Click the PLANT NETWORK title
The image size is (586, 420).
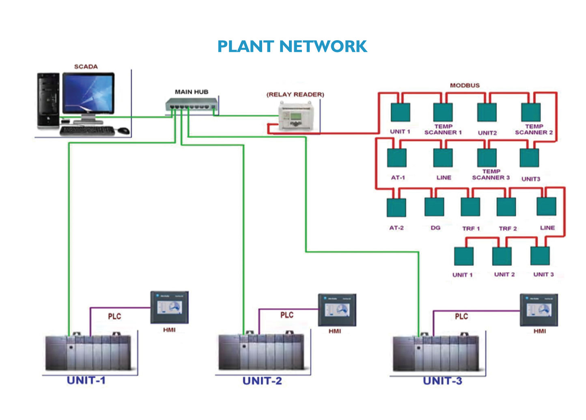point(292,46)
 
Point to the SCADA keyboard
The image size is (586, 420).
point(87,131)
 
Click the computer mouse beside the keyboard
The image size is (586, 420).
point(124,131)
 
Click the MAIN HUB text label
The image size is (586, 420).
point(192,92)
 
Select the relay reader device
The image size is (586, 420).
point(296,116)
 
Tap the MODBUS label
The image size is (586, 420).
point(465,85)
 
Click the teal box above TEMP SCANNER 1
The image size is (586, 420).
point(443,112)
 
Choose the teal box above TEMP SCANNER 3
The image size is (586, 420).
point(487,157)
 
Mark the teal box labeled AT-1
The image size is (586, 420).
point(396,158)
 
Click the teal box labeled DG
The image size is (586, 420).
point(434,207)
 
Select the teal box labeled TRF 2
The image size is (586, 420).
point(506,207)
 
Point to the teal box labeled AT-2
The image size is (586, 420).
point(396,207)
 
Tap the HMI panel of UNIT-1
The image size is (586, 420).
point(169,307)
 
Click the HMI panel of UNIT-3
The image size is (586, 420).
point(539,310)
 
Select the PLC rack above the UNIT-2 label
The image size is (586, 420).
point(261,351)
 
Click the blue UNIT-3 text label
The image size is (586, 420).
point(442,381)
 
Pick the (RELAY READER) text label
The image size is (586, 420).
point(295,95)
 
